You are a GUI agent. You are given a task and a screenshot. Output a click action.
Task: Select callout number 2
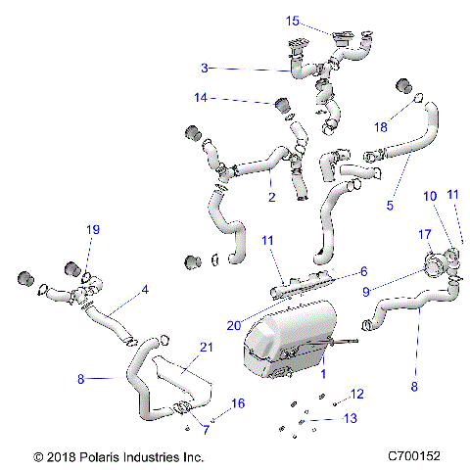(x=271, y=196)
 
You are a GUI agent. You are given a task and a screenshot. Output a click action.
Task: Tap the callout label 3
(x=204, y=69)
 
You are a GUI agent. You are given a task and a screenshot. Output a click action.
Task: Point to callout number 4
(x=145, y=290)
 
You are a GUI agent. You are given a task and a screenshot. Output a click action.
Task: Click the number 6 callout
(x=362, y=271)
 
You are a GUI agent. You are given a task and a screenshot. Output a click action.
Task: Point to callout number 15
(x=293, y=21)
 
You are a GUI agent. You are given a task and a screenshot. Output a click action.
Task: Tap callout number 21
(x=206, y=347)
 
